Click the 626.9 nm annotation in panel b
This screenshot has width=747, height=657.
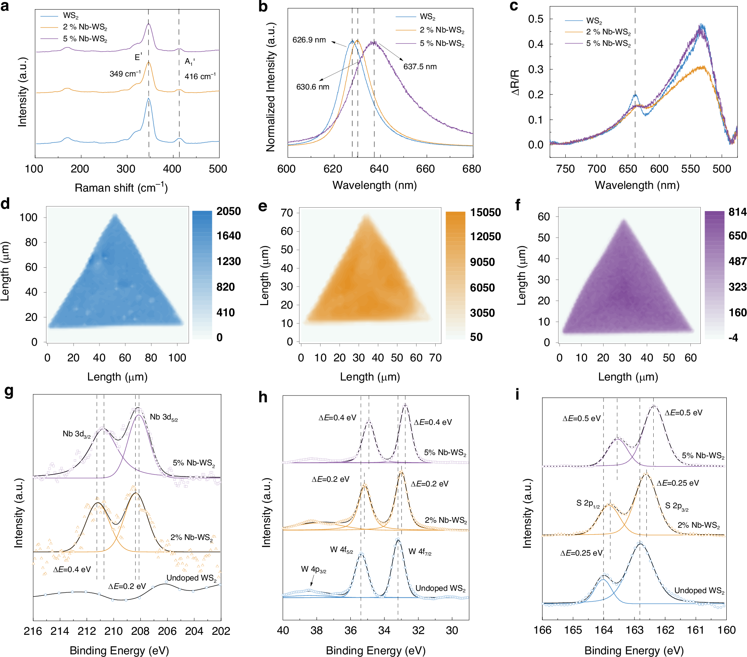[309, 40]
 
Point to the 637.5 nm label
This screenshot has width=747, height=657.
[420, 67]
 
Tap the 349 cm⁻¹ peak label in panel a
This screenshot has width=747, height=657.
[125, 73]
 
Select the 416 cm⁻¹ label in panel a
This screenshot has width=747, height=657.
[200, 76]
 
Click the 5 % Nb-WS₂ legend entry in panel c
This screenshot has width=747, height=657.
[608, 44]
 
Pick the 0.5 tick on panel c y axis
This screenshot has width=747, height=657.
[535, 19]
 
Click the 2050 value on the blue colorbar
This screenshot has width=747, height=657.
[228, 211]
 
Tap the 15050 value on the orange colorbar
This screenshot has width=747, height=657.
[485, 212]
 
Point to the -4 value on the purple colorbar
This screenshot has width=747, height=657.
[733, 338]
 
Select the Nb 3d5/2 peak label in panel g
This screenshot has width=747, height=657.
[164, 417]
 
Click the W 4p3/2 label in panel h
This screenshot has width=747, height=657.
[313, 569]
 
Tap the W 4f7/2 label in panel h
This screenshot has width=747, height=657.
[420, 551]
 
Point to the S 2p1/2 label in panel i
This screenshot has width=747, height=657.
[588, 503]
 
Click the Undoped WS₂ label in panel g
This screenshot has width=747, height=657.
[191, 578]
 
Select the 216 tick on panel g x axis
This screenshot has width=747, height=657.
[33, 631]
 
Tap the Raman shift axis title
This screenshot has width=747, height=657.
[121, 188]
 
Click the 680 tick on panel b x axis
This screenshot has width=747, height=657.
[472, 169]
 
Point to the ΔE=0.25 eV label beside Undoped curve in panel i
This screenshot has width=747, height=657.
[581, 553]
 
